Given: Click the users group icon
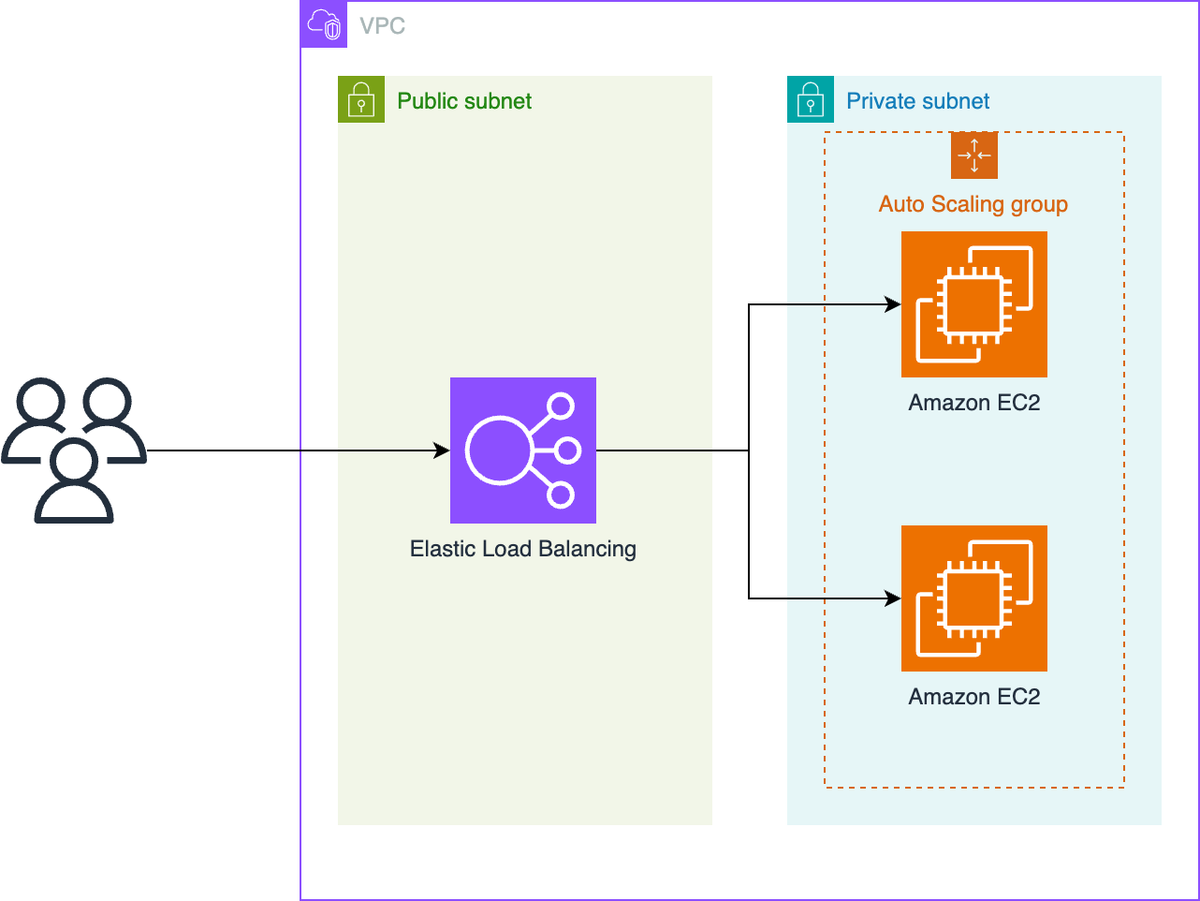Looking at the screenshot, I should (74, 450).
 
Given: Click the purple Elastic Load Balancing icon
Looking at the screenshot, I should (522, 450).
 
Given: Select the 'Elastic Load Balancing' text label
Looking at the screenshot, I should (522, 549).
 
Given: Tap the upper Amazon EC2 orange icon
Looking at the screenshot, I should (973, 304).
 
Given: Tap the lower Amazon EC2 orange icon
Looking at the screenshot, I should (973, 598).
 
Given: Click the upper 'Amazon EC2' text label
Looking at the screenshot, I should (973, 403).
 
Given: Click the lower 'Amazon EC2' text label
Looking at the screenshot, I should (973, 697).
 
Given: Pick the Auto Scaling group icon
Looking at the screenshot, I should (973, 155).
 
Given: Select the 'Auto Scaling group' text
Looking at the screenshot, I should (973, 204).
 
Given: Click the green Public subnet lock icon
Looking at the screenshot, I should (361, 99).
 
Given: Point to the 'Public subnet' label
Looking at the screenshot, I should (464, 101).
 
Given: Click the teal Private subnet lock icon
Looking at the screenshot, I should (811, 99).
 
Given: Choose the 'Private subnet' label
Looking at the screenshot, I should (917, 101).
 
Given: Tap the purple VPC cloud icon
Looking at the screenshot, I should (324, 24).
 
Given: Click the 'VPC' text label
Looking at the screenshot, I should (382, 26).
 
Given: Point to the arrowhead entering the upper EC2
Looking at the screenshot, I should (894, 304).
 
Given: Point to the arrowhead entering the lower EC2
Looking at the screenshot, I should (894, 598).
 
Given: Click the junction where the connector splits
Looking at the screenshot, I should (749, 450).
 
